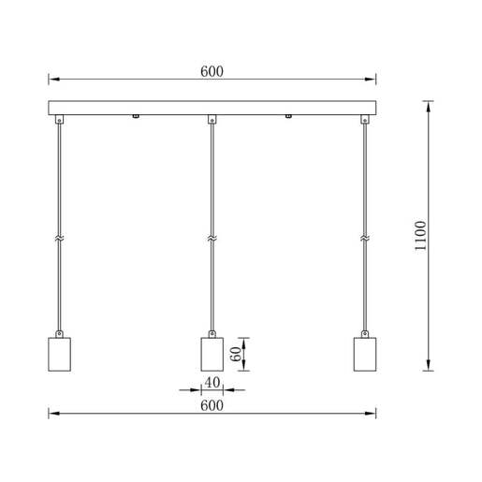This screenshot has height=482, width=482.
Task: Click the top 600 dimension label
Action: (x=212, y=70)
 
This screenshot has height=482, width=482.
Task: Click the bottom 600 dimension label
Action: (x=212, y=404)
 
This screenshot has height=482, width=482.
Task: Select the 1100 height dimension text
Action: (x=420, y=236)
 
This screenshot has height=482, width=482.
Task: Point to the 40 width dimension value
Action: (x=212, y=382)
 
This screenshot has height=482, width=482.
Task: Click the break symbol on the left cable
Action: (x=59, y=240)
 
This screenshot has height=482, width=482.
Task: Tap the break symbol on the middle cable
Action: (x=212, y=240)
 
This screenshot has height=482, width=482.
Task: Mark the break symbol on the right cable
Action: (x=365, y=240)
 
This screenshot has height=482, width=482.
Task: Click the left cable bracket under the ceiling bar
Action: (x=59, y=119)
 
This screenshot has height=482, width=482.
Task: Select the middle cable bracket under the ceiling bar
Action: (x=212, y=119)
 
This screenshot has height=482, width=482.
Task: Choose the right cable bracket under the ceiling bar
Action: (x=365, y=119)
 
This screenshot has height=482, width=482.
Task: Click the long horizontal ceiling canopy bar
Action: (x=212, y=108)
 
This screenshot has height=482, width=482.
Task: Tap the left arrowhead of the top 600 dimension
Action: (x=53, y=80)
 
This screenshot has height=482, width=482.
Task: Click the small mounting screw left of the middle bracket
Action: (x=137, y=116)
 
